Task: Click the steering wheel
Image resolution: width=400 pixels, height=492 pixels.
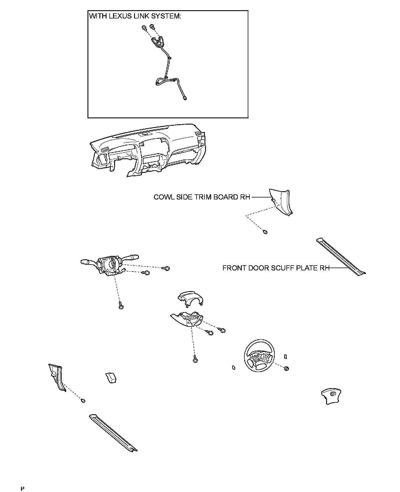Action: (259, 358)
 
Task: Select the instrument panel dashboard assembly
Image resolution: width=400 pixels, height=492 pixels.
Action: (148, 150)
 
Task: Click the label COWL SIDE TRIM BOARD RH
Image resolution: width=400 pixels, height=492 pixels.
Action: (202, 197)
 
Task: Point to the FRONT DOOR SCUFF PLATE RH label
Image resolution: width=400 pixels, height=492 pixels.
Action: (276, 268)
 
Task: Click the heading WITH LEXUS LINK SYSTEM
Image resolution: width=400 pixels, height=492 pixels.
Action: (135, 16)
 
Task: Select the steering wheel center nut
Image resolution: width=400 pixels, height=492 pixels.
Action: (286, 369)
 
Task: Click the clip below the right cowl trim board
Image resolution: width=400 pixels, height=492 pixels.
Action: (265, 232)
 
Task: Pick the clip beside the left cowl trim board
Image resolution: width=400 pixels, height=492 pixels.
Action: (83, 401)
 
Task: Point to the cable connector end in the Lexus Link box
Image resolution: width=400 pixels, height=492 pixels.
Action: (185, 99)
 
